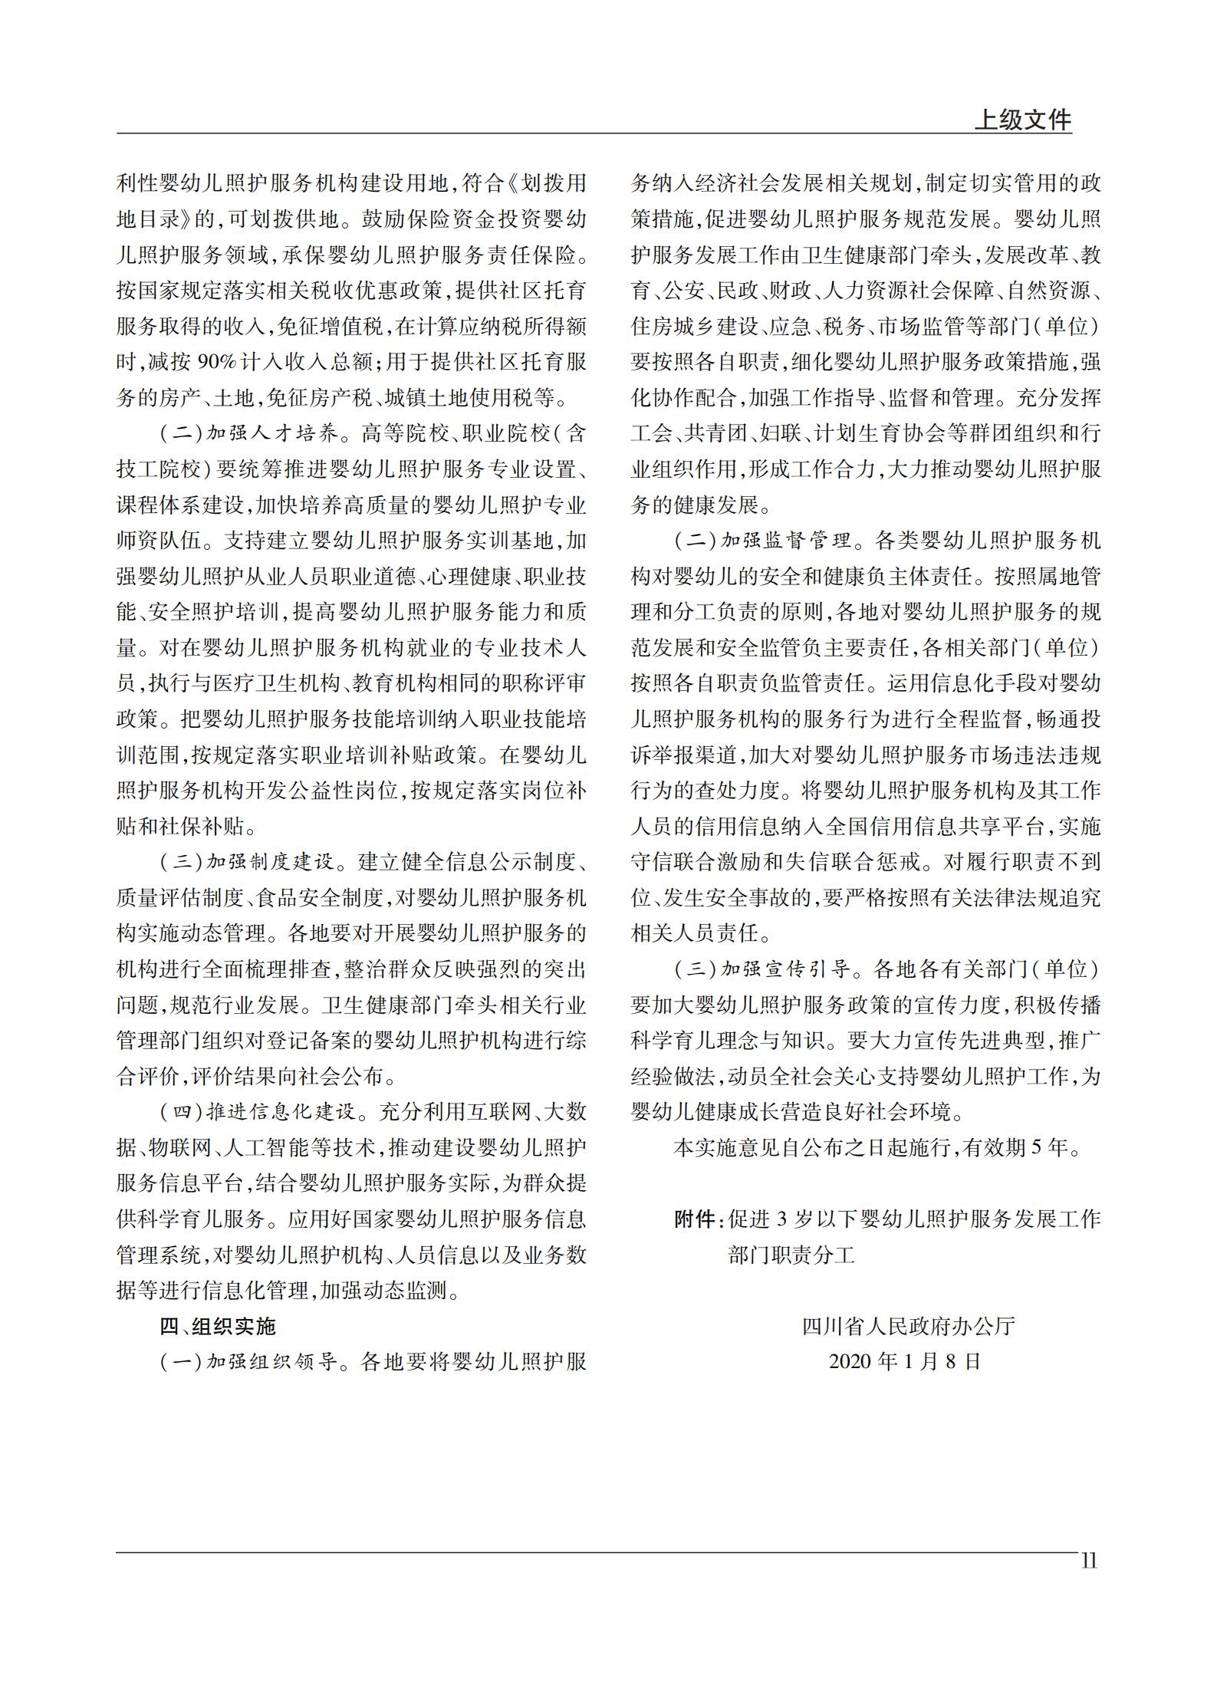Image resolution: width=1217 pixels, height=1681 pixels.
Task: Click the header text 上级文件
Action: (x=1022, y=120)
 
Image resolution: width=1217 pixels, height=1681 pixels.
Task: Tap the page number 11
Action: (x=1088, y=1561)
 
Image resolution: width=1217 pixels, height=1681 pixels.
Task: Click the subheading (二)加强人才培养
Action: (x=249, y=434)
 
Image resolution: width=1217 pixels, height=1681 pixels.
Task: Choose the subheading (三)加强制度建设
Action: (x=249, y=862)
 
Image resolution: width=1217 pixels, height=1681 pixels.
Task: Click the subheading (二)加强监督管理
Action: (x=764, y=541)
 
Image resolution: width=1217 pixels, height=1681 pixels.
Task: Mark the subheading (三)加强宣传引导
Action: (x=764, y=969)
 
